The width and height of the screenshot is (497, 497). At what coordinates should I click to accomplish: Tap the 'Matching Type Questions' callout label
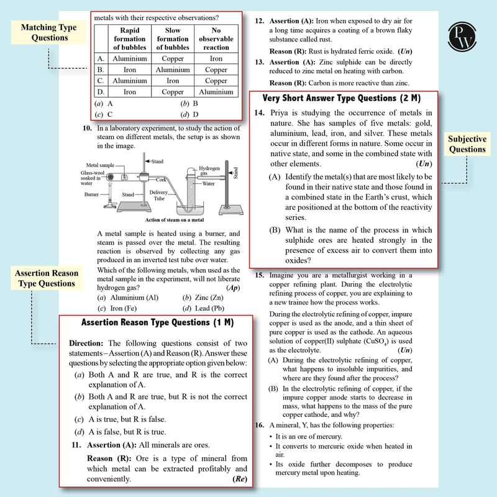coord(49,32)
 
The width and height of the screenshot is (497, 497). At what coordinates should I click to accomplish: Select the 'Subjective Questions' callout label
coord(467,144)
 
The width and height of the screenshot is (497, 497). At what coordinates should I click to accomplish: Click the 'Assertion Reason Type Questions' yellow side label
coord(47,278)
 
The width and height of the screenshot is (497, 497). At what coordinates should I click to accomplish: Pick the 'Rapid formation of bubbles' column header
coord(130,39)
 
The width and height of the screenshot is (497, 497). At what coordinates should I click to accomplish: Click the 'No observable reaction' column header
coord(216,39)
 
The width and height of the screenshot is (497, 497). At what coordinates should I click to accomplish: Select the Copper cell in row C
coord(216,81)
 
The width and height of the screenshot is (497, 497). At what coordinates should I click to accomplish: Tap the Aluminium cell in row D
coord(216,92)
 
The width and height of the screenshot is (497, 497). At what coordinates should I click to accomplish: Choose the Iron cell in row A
coord(216,58)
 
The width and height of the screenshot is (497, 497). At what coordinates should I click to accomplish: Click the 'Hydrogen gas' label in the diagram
coord(209,170)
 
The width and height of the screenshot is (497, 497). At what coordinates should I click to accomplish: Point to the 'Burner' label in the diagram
coord(91,194)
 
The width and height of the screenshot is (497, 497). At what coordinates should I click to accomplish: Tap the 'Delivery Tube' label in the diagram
coord(158,195)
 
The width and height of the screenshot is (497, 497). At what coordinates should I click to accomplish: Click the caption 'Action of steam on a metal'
coord(175,220)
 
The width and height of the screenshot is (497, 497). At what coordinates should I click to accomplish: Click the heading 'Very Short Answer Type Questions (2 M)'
coord(341,98)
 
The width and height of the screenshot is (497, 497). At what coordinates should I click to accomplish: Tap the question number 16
coord(260,425)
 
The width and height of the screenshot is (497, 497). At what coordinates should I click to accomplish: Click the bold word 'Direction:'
coord(86,344)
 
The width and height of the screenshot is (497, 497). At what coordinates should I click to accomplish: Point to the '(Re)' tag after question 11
coord(240,478)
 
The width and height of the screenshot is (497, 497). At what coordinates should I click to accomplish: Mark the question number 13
coord(260,62)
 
